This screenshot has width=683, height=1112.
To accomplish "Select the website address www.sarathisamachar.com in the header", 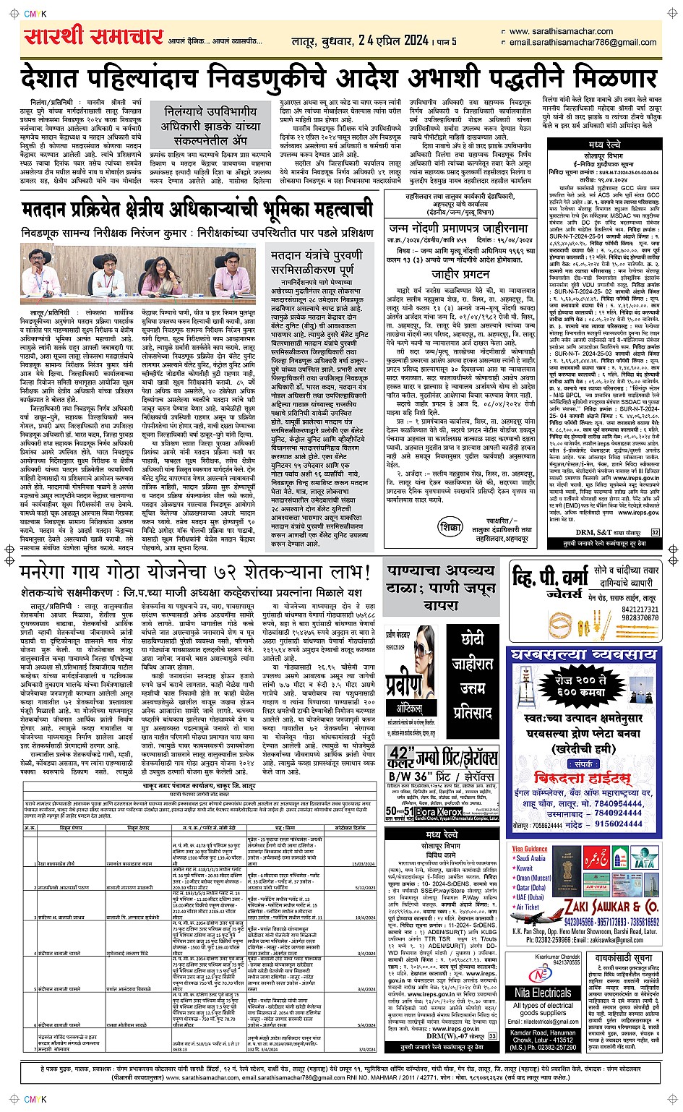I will (x=561, y=31).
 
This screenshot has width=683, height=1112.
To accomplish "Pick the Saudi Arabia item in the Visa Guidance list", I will (x=534, y=859).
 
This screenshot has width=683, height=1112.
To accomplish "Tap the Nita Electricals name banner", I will (x=543, y=993).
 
